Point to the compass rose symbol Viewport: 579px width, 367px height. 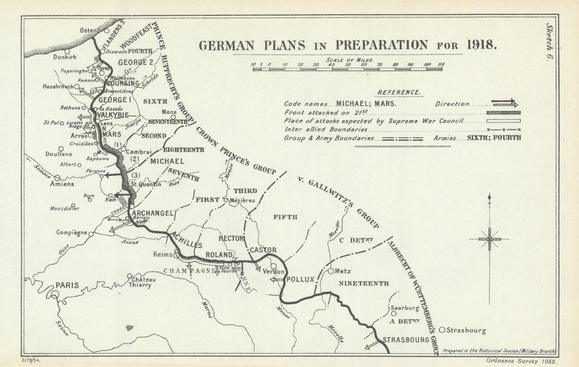[x=490, y=238]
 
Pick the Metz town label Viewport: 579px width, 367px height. [x=344, y=270]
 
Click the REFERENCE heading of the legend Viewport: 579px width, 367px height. [x=399, y=92]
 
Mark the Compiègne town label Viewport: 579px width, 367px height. [x=72, y=233]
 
